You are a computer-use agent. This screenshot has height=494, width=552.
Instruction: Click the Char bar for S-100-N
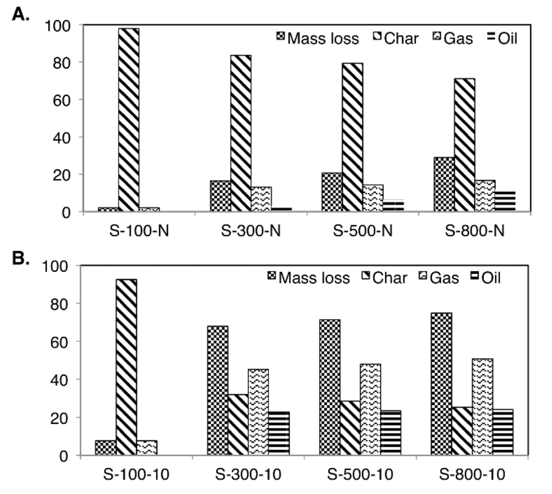point(129,120)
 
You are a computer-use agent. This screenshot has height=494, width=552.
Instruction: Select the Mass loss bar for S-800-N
point(444,184)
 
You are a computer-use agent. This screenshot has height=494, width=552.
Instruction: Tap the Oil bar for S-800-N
point(505,201)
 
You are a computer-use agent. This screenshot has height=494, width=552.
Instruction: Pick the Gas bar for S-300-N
point(261,199)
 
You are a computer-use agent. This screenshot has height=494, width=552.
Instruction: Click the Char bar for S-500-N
point(353,137)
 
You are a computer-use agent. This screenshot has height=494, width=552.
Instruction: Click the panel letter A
point(20,14)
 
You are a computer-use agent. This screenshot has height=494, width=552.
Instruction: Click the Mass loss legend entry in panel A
point(318,38)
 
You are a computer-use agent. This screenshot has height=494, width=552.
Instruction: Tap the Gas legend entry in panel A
point(453,38)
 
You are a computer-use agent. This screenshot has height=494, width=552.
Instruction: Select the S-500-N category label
point(363,231)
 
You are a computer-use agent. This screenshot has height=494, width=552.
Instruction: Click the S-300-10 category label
point(248,474)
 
